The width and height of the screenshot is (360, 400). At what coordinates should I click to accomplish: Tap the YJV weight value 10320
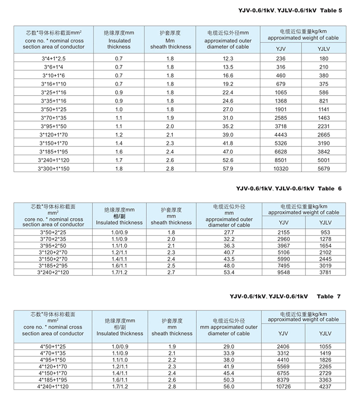pyautogui.click(x=281, y=168)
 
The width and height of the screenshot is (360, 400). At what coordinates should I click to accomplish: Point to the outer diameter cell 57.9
pyautogui.click(x=228, y=168)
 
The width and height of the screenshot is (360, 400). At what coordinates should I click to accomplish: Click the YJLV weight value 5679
pyautogui.click(x=323, y=168)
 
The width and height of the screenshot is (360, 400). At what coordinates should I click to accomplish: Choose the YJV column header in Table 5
pyautogui.click(x=281, y=48)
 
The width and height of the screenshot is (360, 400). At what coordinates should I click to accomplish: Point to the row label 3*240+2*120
pyautogui.click(x=53, y=273)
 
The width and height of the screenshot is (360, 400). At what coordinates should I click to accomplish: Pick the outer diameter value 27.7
pyautogui.click(x=229, y=232)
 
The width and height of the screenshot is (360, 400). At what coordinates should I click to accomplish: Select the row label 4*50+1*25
pyautogui.click(x=53, y=346)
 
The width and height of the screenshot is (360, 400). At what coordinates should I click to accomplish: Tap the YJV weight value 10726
pyautogui.click(x=283, y=386)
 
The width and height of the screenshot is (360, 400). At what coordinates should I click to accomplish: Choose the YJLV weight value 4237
pyautogui.click(x=325, y=386)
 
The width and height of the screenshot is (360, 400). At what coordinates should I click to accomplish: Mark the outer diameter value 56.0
pyautogui.click(x=229, y=386)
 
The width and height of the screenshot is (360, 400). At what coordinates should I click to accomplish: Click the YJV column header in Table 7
pyautogui.click(x=283, y=333)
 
